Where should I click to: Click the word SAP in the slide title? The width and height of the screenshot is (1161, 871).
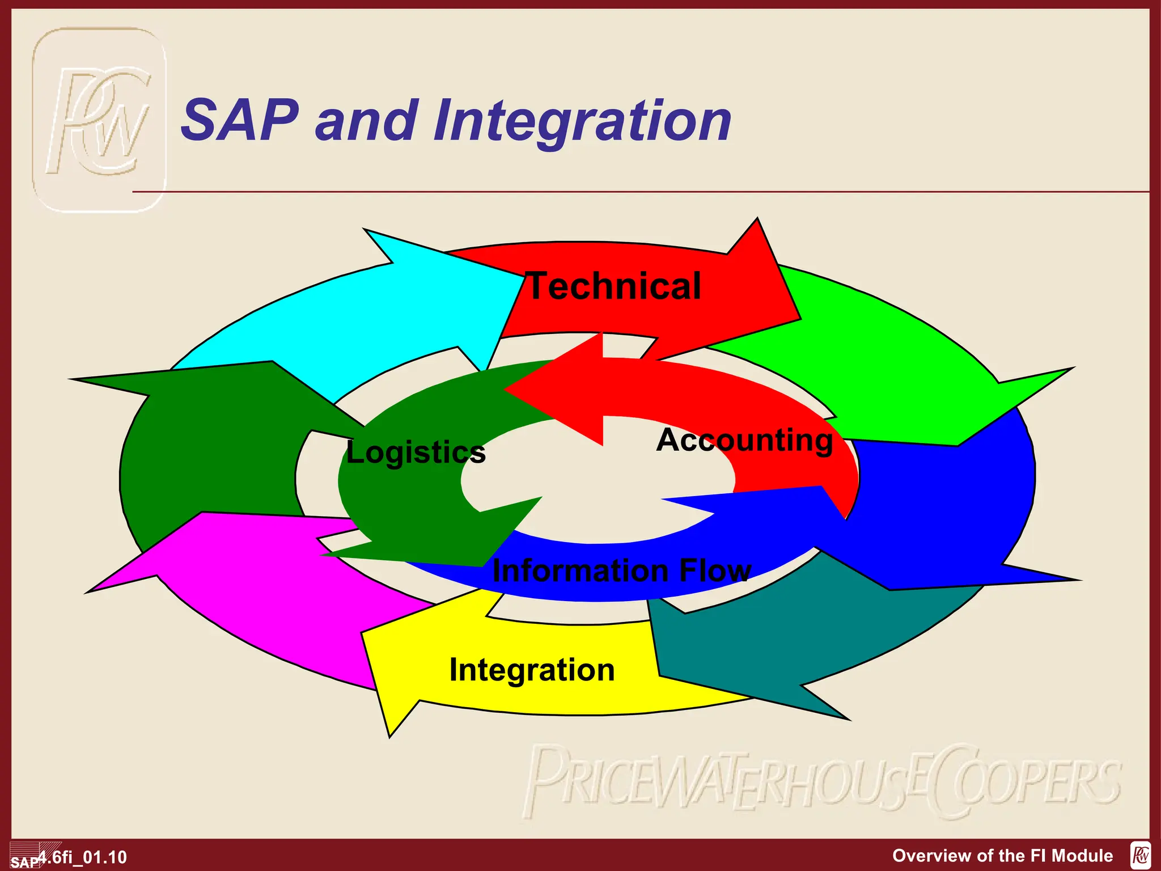239,120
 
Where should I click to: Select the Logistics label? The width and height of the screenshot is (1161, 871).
416,453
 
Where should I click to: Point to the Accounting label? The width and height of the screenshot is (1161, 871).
744,440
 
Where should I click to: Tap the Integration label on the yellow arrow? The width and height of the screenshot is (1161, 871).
532,670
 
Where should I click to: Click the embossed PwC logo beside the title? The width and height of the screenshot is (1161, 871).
99,120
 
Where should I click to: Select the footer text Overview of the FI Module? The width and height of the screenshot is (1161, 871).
1002,855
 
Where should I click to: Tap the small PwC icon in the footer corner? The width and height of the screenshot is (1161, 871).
1140,855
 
